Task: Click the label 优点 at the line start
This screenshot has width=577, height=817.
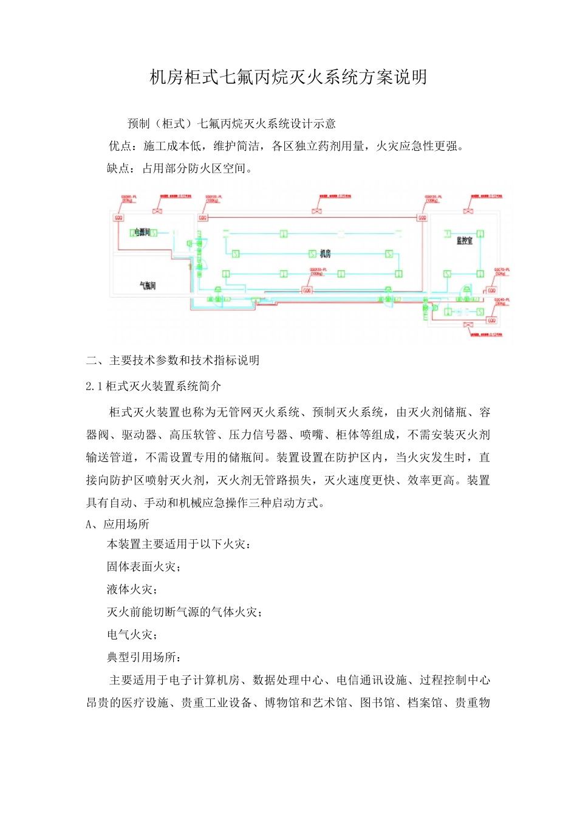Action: coord(120,146)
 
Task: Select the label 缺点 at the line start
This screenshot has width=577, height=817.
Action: coord(118,168)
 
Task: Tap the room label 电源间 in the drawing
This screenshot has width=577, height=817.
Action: coord(142,232)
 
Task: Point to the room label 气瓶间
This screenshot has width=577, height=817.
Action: coord(148,285)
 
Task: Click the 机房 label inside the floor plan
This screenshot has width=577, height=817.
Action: coord(326,253)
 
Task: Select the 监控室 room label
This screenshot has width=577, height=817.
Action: coord(465,241)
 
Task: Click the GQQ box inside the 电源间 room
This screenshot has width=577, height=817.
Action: coord(119,218)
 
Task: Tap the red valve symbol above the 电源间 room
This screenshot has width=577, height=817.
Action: coord(158,211)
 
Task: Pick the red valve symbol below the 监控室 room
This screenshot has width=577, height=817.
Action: coord(468,326)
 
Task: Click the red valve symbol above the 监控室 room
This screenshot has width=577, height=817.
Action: coord(468,211)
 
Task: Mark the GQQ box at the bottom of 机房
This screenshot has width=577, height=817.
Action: coord(307,291)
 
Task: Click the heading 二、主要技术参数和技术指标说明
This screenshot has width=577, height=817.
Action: coord(172,360)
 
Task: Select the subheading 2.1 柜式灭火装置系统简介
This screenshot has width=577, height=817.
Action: coord(154,386)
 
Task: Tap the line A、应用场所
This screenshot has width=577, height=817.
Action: coord(117,524)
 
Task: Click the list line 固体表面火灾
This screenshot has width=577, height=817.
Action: coord(143,567)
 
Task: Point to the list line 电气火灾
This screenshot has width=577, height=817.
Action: coord(132,635)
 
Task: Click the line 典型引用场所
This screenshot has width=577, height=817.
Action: coord(143,657)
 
